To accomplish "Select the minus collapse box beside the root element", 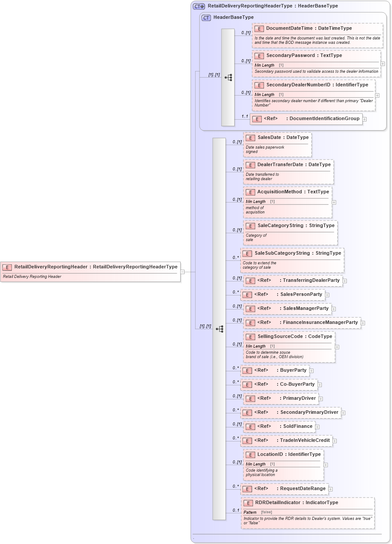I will coord(182,272).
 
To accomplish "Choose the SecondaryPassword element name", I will coord(291,56).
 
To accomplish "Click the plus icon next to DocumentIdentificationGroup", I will coord(364,119).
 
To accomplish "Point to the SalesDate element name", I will coord(269,138).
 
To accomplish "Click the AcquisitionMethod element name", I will coord(279,192).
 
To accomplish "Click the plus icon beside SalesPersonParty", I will coord(327,295).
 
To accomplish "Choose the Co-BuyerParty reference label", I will coord(297,384).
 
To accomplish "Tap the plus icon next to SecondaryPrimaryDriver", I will coord(343,413).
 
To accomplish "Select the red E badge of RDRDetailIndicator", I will coord(248,503).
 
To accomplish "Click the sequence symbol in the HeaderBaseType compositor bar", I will coord(228,78).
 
